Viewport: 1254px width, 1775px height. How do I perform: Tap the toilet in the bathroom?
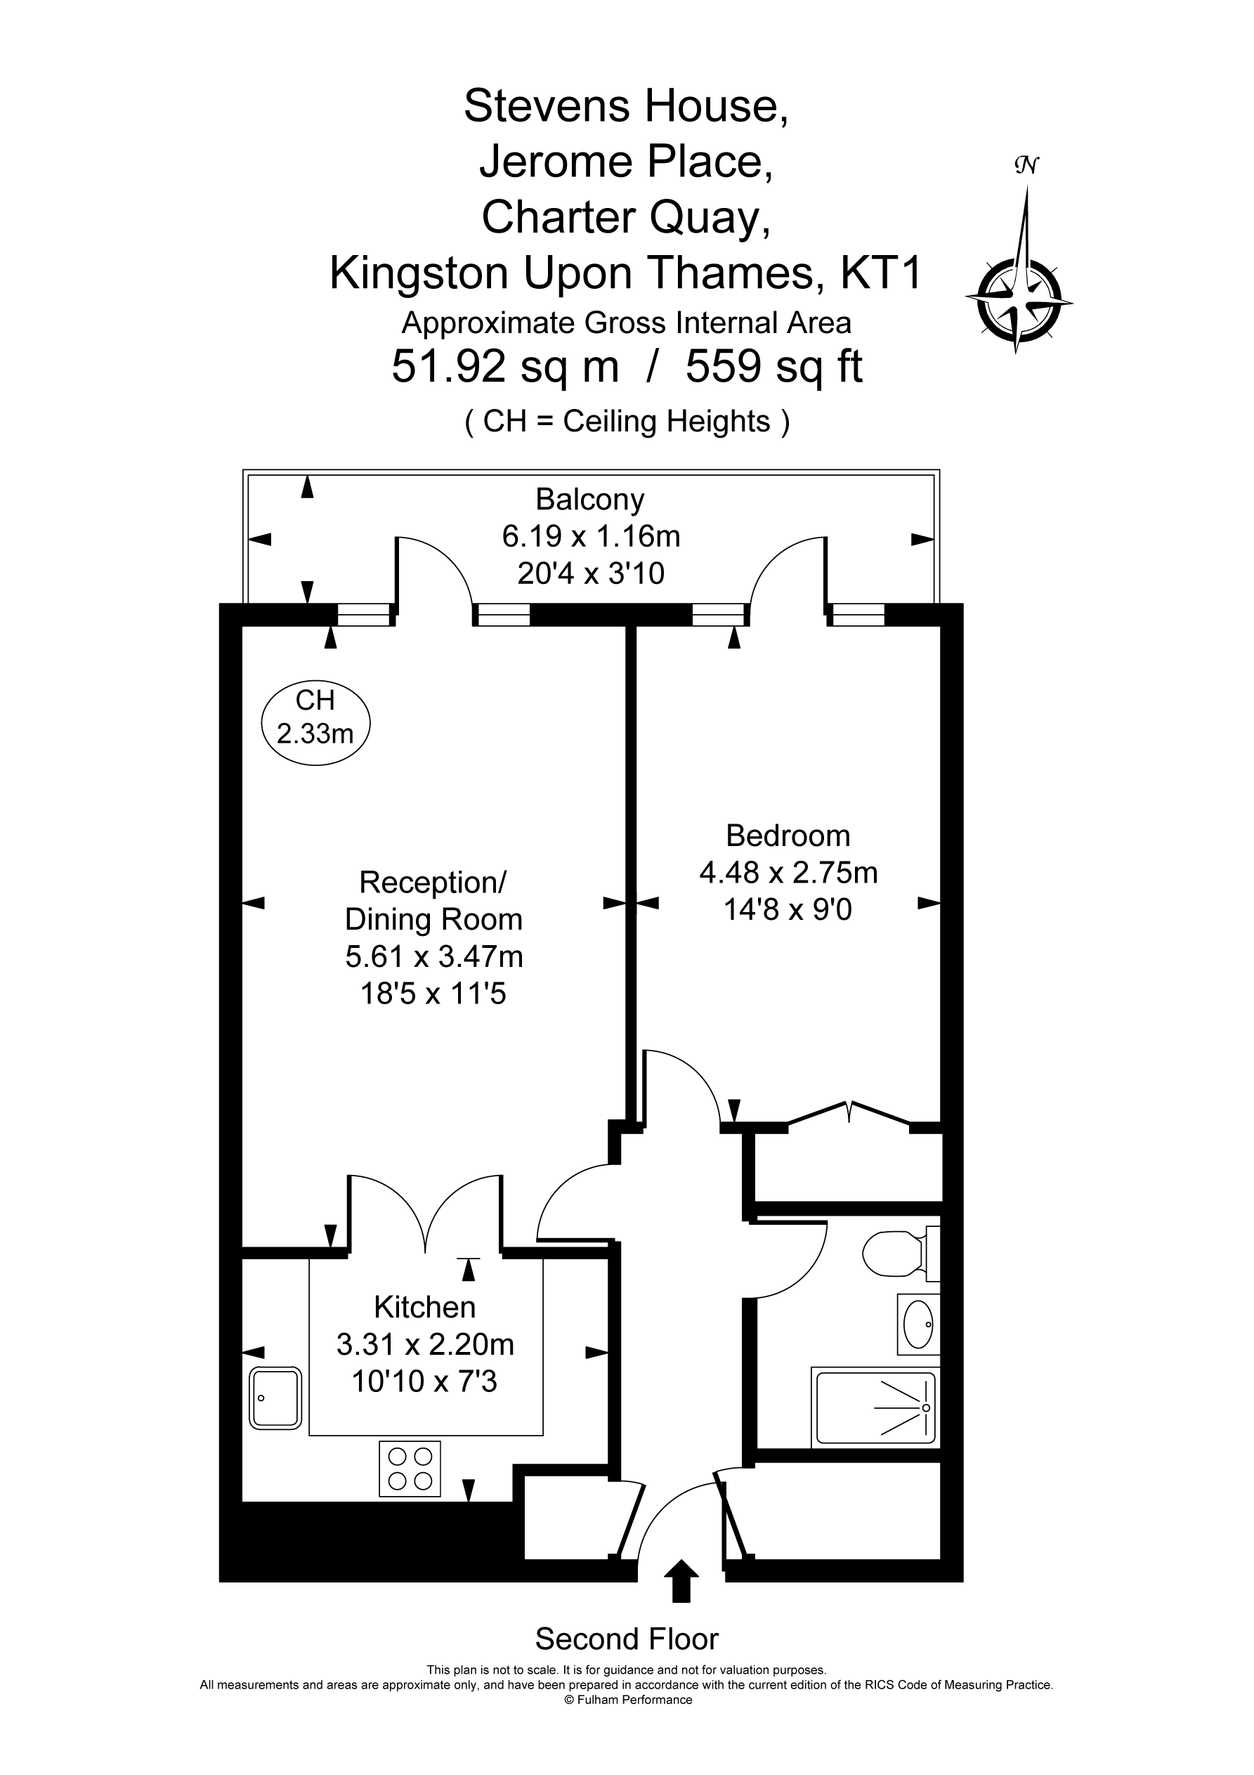(x=900, y=1253)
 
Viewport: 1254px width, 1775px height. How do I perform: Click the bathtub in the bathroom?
(x=876, y=1407)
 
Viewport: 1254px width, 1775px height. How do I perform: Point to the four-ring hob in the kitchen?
(x=410, y=1469)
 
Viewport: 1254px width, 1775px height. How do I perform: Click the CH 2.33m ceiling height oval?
(x=316, y=717)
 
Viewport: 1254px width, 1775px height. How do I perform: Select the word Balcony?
(x=590, y=501)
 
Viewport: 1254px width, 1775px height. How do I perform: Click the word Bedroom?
(x=788, y=836)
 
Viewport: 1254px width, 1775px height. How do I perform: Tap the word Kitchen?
(x=424, y=1307)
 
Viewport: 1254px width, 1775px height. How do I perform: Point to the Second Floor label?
(x=627, y=1638)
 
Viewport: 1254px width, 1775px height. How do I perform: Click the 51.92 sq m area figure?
(x=506, y=366)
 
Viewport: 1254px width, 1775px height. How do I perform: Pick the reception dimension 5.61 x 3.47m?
(x=433, y=957)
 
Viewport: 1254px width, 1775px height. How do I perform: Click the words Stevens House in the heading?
(x=626, y=106)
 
